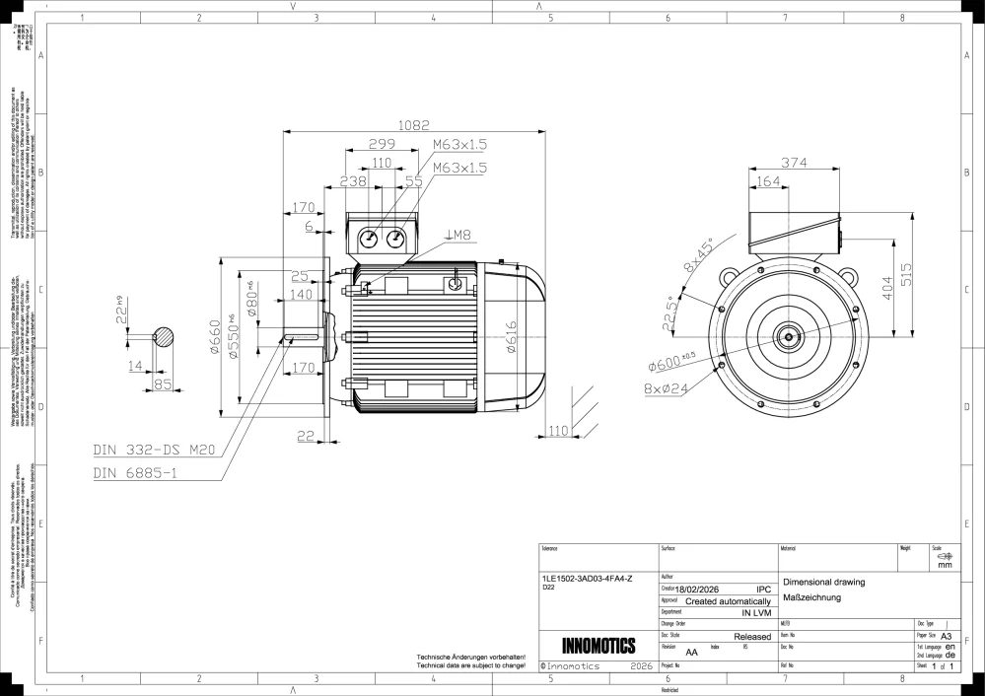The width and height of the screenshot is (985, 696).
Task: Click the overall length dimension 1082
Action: pyautogui.click(x=415, y=125)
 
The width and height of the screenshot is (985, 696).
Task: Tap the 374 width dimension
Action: pyautogui.click(x=796, y=163)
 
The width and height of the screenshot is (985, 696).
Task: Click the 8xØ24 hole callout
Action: pyautogui.click(x=667, y=389)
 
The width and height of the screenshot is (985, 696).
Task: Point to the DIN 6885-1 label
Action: pyautogui.click(x=135, y=473)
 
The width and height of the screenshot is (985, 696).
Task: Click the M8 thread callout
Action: pyautogui.click(x=459, y=235)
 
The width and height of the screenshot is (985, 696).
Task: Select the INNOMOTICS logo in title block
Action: pyautogui.click(x=598, y=647)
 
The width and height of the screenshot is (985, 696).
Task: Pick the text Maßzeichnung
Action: pyautogui.click(x=811, y=598)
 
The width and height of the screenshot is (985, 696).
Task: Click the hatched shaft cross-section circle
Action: pyautogui.click(x=163, y=337)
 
